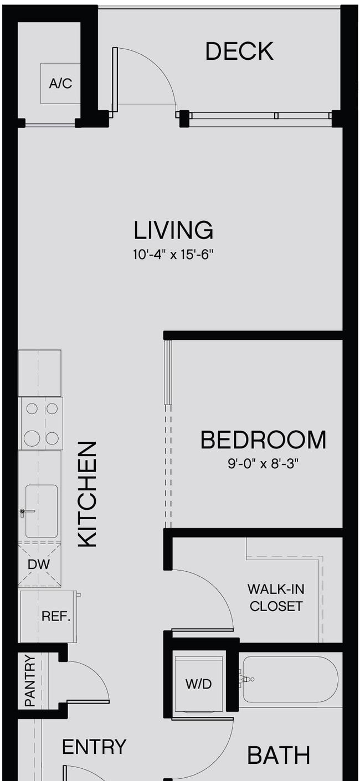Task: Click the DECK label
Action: [x=239, y=51]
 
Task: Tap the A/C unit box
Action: [x=60, y=84]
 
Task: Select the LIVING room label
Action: [x=173, y=230]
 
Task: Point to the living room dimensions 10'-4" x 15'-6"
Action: [x=173, y=255]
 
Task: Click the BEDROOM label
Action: [x=264, y=440]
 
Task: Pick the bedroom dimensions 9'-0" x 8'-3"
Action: [x=264, y=464]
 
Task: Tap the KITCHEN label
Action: [x=87, y=494]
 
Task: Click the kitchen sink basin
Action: [x=42, y=511]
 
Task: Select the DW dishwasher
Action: [x=39, y=565]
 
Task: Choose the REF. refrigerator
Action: [x=49, y=617]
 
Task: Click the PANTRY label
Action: [x=30, y=681]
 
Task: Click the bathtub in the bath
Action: [x=291, y=680]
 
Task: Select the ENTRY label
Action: [x=94, y=747]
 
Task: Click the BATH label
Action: [x=279, y=756]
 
